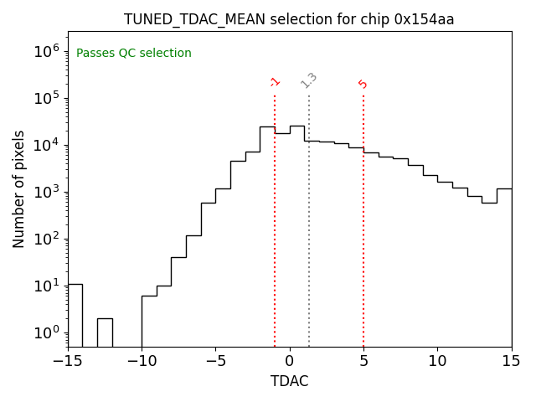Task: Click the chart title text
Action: click(289, 19)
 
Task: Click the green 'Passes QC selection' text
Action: click(134, 54)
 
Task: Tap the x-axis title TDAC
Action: click(289, 381)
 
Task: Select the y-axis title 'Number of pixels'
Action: click(19, 189)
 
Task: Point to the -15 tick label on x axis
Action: click(67, 361)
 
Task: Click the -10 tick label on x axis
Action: click(142, 361)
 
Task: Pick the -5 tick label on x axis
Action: click(215, 361)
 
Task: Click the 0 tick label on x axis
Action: click(290, 361)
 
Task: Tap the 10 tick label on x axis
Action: click(437, 361)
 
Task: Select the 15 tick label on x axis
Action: click(511, 361)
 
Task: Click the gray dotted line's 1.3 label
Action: click(309, 80)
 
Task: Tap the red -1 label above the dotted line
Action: click(275, 82)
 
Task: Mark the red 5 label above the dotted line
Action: click(363, 84)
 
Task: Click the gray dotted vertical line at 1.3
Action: click(309, 218)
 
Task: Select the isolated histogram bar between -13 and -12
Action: click(105, 332)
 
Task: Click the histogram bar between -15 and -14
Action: click(75, 316)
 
